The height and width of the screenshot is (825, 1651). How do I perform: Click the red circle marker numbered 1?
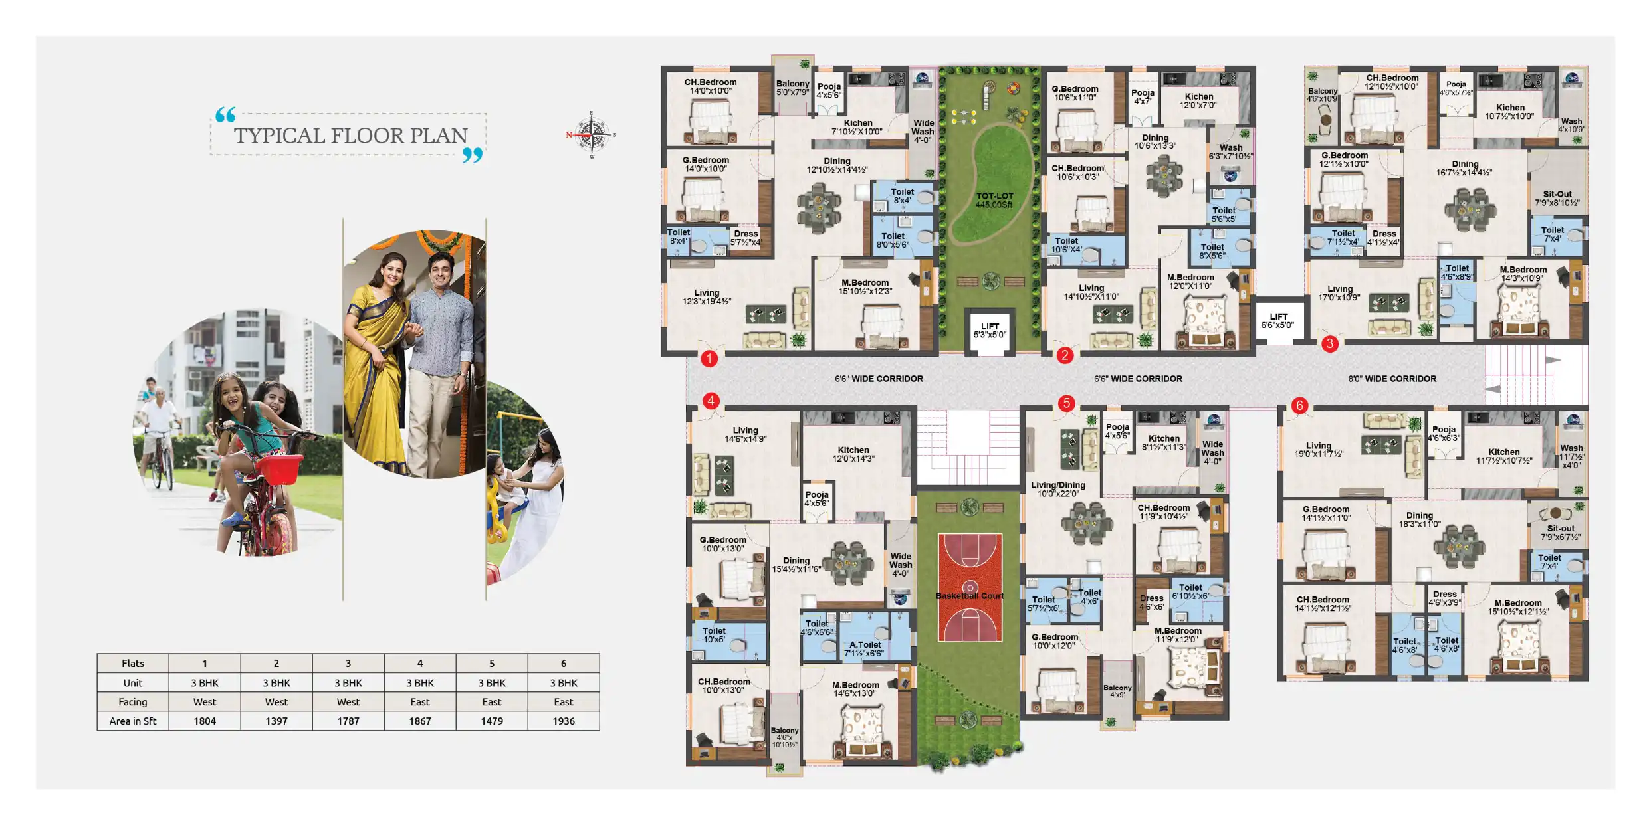709,359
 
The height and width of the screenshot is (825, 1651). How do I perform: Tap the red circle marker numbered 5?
1066,403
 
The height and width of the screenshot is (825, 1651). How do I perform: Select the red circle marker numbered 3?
1329,343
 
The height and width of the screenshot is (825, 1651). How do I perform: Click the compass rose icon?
592,135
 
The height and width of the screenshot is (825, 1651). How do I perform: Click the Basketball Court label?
970,596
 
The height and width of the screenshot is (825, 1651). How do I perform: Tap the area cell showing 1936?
563,721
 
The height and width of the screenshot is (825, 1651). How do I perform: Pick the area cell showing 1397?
276,721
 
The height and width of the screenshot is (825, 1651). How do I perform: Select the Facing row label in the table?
133,701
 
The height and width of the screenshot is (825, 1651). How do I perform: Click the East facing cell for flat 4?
420,701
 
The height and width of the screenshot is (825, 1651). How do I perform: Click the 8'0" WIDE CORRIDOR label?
1392,379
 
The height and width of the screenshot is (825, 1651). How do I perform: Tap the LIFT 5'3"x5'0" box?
990,331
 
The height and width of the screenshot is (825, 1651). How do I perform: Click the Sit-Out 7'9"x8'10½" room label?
1557,199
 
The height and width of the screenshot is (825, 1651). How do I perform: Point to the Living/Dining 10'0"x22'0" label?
1057,489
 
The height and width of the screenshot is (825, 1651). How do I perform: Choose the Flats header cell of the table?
133,663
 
